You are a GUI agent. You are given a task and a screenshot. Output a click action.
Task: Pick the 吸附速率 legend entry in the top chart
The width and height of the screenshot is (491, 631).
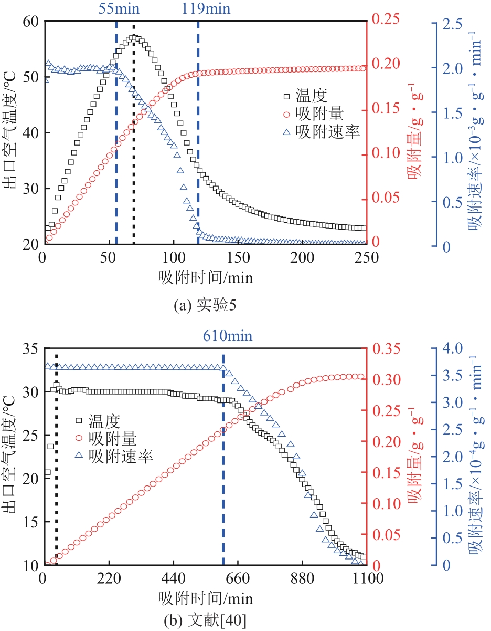pyautogui.click(x=328, y=132)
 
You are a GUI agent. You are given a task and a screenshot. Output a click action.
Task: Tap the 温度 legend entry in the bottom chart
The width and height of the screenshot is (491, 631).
pyautogui.click(x=105, y=421)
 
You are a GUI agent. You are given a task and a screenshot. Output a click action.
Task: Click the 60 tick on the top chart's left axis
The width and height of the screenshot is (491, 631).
pyautogui.click(x=31, y=22)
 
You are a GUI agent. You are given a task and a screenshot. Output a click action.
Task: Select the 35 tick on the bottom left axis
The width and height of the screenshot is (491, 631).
pyautogui.click(x=31, y=349)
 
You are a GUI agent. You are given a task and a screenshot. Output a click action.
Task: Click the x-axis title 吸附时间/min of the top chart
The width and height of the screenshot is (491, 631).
pyautogui.click(x=205, y=277)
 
